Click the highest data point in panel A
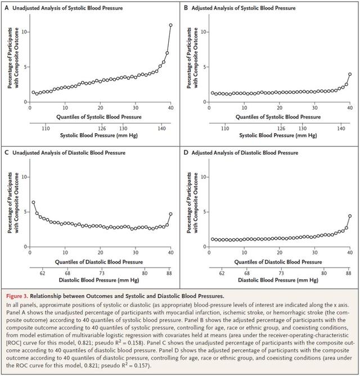click(170, 25)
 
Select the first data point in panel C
click(33, 202)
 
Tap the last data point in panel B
click(350, 74)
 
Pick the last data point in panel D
click(350, 216)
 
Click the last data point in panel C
click(170, 214)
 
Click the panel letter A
click(7, 8)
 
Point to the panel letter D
click(186, 152)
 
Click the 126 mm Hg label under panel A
click(102, 129)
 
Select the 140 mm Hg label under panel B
click(341, 129)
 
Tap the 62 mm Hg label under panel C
click(43, 273)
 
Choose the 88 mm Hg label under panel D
click(349, 273)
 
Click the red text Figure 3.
click(17, 296)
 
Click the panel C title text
click(69, 153)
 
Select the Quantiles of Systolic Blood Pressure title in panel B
click(278, 117)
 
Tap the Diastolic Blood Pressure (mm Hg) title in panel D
click(278, 280)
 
